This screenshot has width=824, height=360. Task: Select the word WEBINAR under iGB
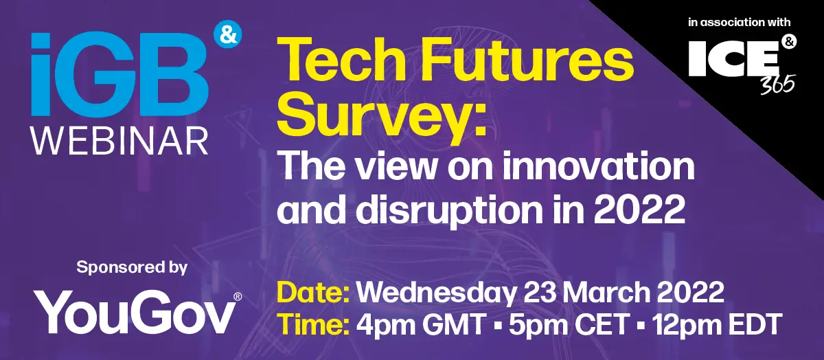pyautogui.click(x=120, y=142)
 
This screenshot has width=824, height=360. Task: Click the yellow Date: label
pyautogui.click(x=313, y=292)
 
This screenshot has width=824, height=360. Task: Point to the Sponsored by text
pyautogui.click(x=132, y=268)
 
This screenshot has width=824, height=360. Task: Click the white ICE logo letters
pyautogui.click(x=733, y=58)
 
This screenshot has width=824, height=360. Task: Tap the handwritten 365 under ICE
pyautogui.click(x=777, y=85)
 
